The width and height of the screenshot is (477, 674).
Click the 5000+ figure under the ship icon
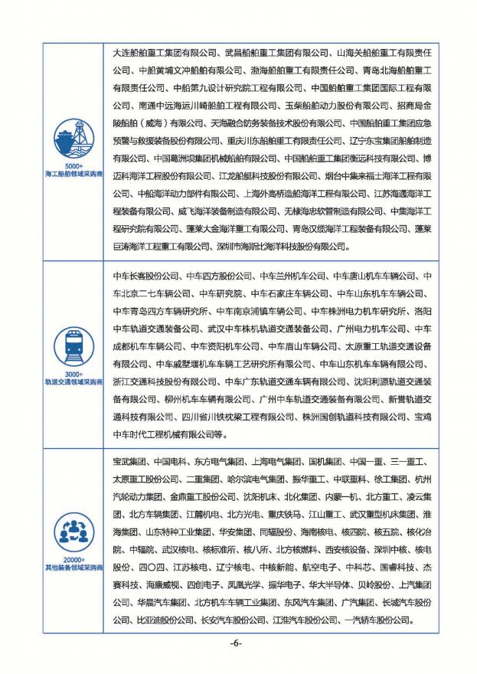[73, 166]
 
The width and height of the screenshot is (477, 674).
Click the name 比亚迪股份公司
[145, 620]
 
